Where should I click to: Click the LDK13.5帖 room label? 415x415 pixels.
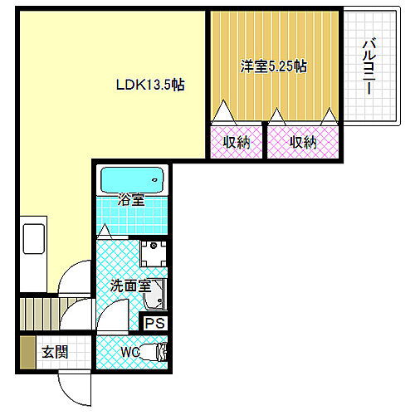[x=149, y=84]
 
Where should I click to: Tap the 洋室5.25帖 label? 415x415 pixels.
[x=274, y=66]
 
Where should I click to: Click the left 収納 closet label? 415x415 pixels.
[x=237, y=142]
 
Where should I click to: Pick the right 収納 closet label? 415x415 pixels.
[x=303, y=142]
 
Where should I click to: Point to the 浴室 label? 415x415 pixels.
[x=131, y=200]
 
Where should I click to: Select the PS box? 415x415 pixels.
[x=154, y=324]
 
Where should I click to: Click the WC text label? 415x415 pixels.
[x=131, y=352]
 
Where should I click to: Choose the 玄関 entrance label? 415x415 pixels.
[x=55, y=352]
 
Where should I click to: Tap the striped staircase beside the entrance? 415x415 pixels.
[x=37, y=315]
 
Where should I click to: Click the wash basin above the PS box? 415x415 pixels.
[x=159, y=295]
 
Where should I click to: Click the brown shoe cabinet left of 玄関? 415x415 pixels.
[x=27, y=352]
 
